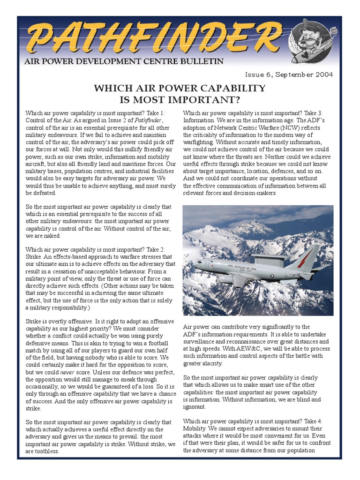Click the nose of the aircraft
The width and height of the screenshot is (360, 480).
tap(197, 265)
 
